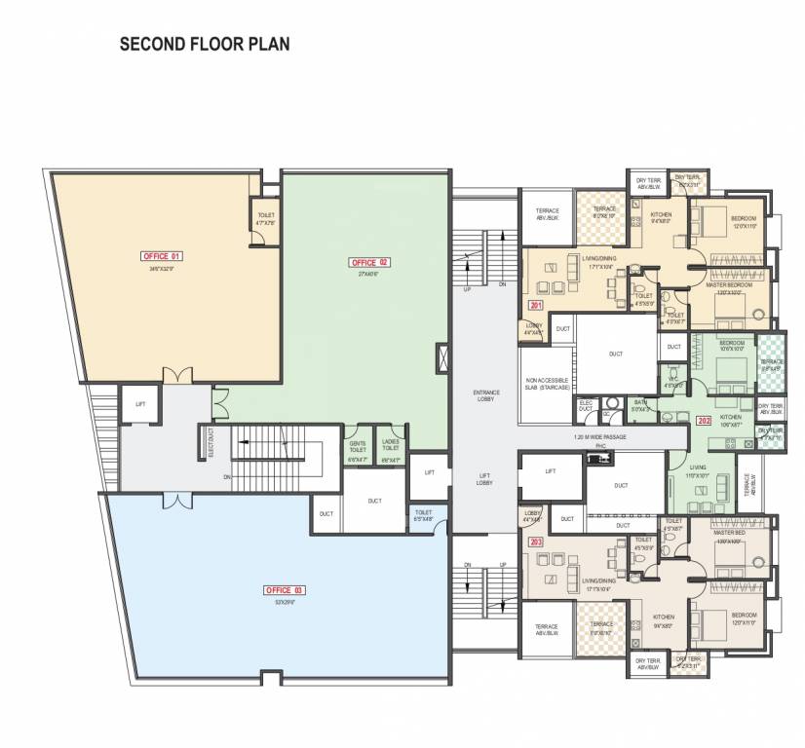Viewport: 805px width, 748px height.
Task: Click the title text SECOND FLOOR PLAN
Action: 204,44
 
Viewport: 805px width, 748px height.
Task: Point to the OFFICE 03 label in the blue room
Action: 285,590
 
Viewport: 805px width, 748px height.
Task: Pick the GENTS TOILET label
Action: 359,446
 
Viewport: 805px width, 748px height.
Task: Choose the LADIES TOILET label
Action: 391,446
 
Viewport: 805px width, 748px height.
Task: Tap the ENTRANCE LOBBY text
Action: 485,394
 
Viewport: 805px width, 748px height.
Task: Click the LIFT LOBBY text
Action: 484,478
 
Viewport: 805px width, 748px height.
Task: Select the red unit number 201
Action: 536,306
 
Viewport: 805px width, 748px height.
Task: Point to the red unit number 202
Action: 705,421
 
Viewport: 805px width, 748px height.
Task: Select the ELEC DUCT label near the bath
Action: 587,405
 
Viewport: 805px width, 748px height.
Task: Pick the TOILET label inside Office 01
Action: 265,219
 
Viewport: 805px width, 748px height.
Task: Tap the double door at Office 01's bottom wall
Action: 174,377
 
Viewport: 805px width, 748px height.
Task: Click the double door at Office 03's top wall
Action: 174,501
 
